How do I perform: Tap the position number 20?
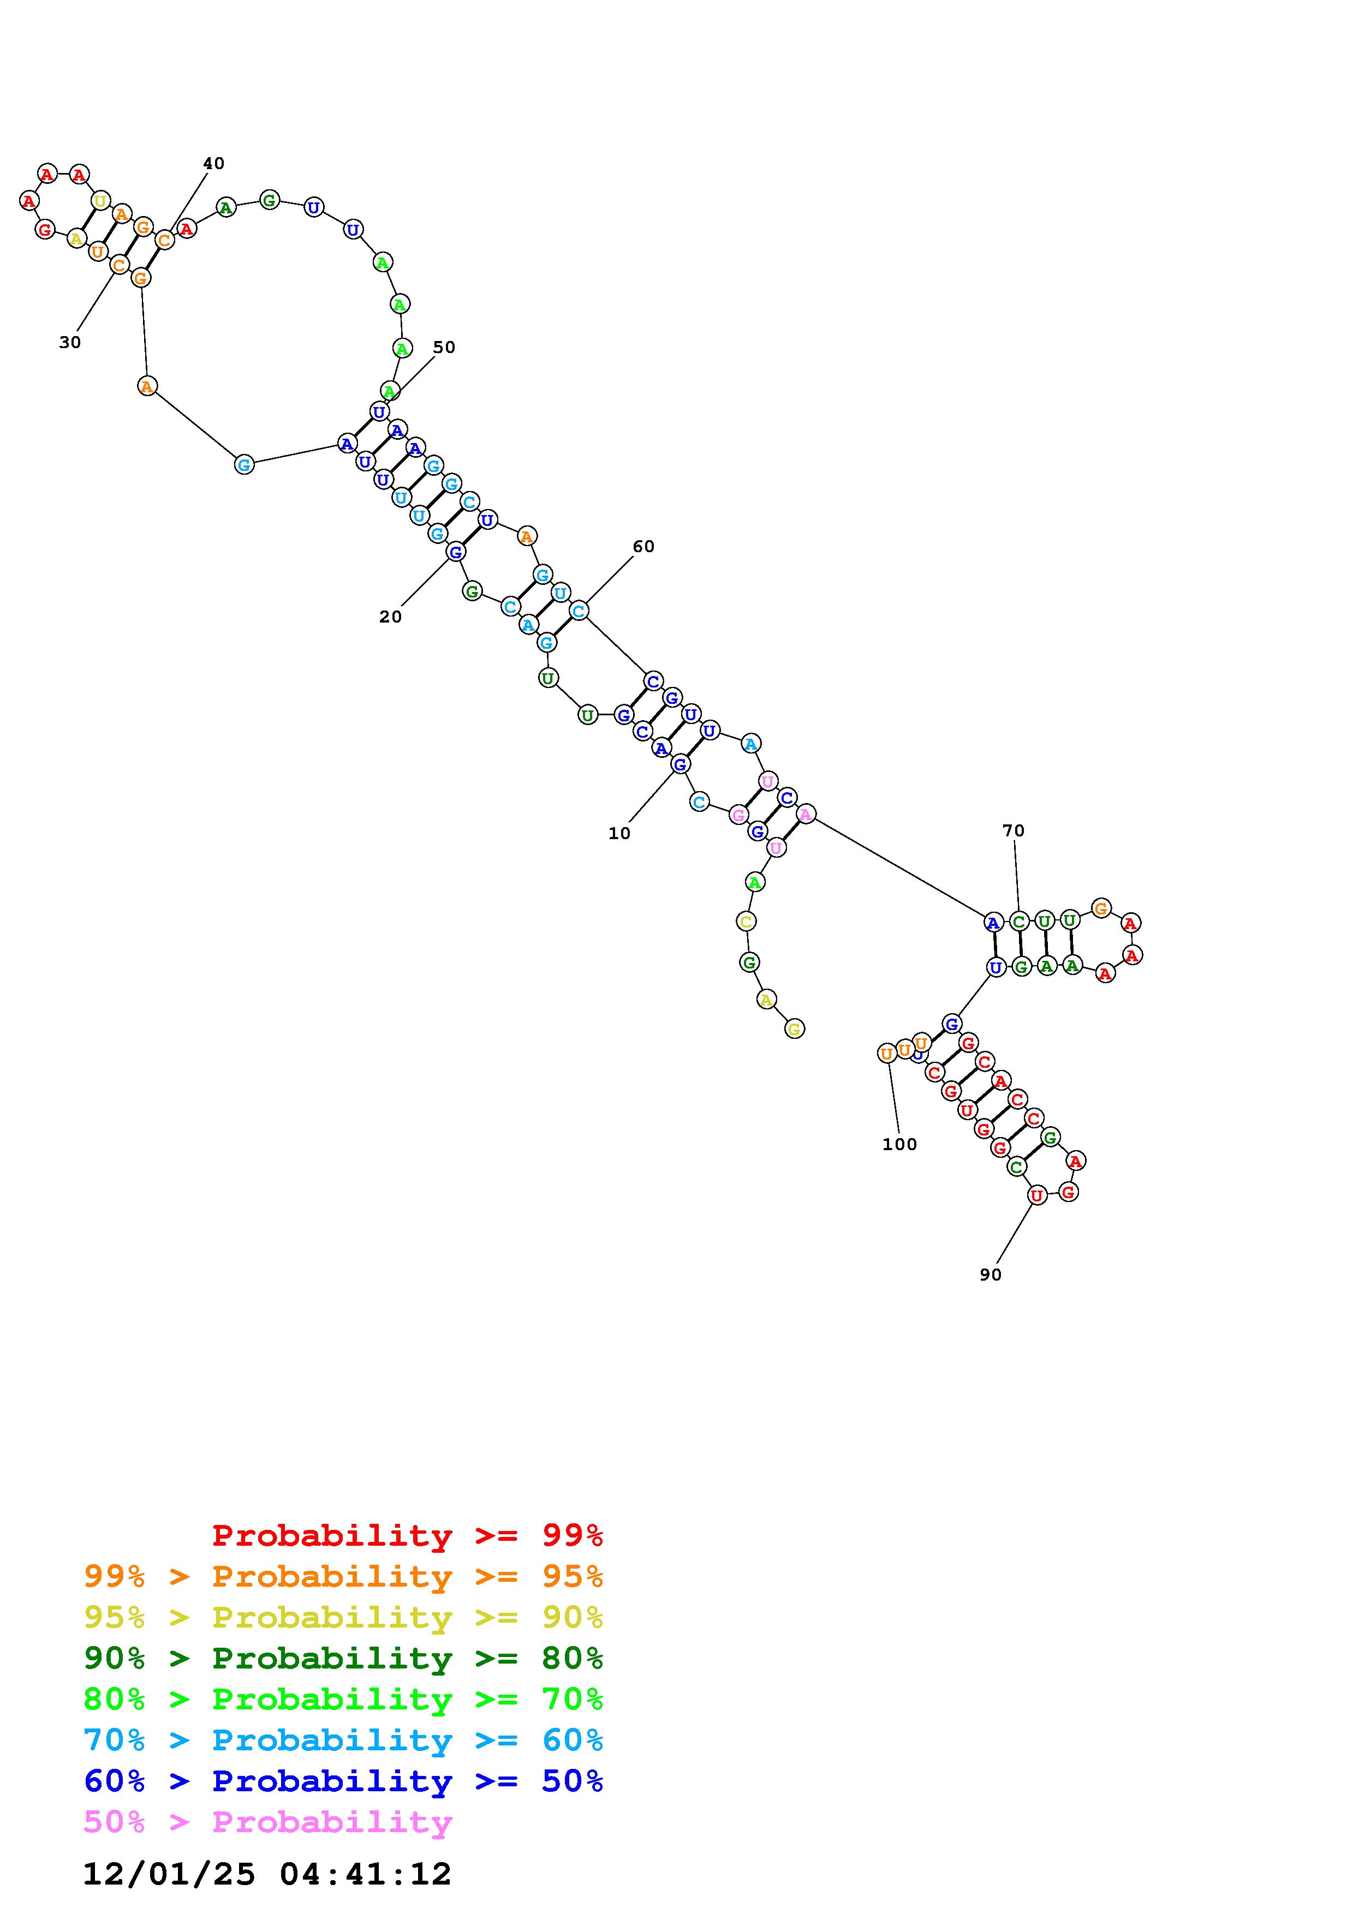[x=390, y=617]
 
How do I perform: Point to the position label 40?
[x=213, y=163]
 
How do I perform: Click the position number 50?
[x=444, y=347]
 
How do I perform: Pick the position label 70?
[x=1013, y=830]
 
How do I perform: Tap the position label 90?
[x=991, y=1275]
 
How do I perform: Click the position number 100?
[x=899, y=1145]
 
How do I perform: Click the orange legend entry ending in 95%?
[x=343, y=1576]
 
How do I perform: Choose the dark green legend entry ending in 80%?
[x=343, y=1658]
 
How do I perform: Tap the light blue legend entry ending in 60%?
[x=343, y=1740]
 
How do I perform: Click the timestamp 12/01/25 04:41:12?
[x=267, y=1874]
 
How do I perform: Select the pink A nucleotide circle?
[x=805, y=814]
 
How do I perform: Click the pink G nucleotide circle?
[x=738, y=815]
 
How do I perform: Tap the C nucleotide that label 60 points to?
[x=579, y=611]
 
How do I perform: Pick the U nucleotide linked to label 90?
[x=1036, y=1195]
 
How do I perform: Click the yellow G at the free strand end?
[x=795, y=1030]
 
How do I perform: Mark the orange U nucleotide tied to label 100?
[x=887, y=1054]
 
